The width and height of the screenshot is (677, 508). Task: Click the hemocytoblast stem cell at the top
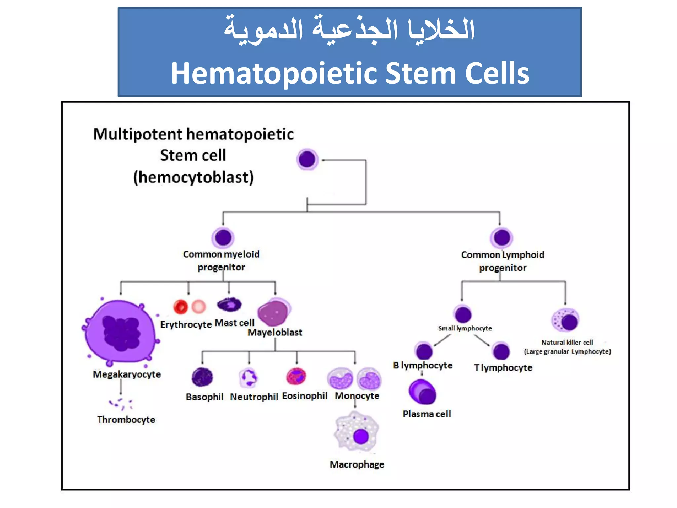(307, 159)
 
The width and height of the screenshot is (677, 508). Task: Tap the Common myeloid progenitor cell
(223, 237)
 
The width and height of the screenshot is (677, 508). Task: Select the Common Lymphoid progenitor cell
(502, 237)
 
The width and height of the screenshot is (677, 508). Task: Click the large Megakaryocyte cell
(120, 331)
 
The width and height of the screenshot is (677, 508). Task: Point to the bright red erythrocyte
(180, 307)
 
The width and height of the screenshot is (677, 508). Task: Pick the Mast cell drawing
(229, 304)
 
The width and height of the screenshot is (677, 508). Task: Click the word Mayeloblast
(275, 332)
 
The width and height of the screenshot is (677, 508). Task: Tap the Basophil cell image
(202, 377)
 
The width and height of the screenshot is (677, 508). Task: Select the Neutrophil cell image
(248, 377)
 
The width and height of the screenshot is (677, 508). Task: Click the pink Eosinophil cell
(296, 376)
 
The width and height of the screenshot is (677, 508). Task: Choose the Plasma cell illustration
(422, 392)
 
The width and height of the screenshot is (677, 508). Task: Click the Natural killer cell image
(566, 320)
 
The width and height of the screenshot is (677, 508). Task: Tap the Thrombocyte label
(126, 419)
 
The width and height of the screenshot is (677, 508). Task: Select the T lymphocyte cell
(501, 351)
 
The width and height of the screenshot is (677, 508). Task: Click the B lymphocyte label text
(422, 365)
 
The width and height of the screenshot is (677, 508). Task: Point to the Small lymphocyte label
(465, 328)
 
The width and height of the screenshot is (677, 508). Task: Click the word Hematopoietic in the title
(274, 73)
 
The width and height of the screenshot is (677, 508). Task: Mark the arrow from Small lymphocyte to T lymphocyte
(482, 340)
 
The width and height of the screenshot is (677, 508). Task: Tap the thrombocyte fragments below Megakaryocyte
(121, 403)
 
